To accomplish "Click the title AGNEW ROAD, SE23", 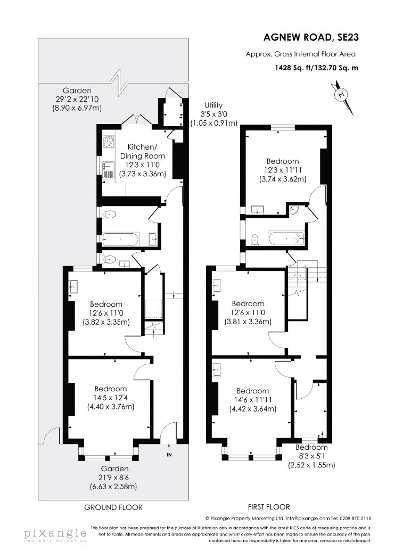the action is [x=311, y=37].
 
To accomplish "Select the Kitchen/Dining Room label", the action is [x=142, y=152].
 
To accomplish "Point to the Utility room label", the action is [x=213, y=105].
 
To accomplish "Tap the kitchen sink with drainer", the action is [x=108, y=170].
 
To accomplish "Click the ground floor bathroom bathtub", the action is [x=120, y=239].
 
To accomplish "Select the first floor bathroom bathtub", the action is [x=286, y=238].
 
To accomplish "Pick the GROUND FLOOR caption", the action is [x=113, y=507].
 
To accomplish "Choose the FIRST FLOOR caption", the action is [x=269, y=507].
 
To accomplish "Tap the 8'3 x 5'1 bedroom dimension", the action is [x=311, y=456].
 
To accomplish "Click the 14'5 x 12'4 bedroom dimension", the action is [x=111, y=398].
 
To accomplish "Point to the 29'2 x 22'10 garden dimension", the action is [x=77, y=99].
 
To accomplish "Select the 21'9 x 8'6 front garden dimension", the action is [x=114, y=478].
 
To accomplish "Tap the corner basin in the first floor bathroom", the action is [x=293, y=210].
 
